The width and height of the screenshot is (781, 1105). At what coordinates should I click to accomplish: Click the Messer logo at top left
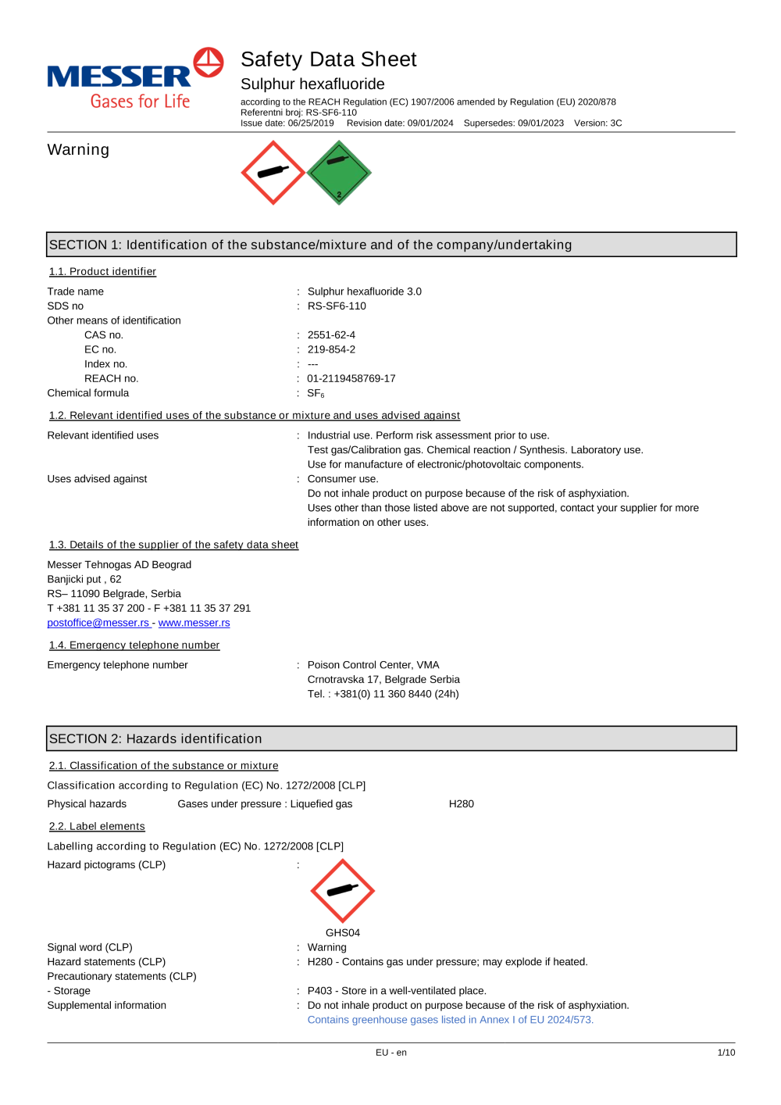(x=134, y=78)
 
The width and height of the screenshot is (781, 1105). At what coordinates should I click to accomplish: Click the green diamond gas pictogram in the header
(x=339, y=173)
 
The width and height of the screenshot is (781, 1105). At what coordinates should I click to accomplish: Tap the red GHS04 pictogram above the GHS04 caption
(x=342, y=891)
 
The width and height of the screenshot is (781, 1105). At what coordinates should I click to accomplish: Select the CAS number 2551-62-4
(x=331, y=335)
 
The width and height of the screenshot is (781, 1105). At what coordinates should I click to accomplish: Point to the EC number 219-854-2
(x=331, y=350)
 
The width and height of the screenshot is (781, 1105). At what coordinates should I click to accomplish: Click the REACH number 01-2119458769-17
(x=351, y=379)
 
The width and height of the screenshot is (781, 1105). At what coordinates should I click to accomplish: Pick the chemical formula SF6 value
(x=316, y=394)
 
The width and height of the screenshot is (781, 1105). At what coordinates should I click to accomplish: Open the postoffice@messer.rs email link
(x=98, y=623)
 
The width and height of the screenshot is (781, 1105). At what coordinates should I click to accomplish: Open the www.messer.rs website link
(x=194, y=623)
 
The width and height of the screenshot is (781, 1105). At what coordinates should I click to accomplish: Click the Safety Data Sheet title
(x=328, y=59)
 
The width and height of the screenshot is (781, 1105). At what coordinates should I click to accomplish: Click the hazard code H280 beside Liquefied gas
(x=461, y=804)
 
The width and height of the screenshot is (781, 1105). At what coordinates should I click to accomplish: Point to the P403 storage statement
(x=397, y=991)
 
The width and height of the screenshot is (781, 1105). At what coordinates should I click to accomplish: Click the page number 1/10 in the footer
(x=726, y=1053)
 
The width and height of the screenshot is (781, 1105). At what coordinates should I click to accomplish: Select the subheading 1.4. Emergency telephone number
(x=134, y=645)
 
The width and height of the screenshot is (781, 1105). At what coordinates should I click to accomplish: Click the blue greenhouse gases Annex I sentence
(x=450, y=1020)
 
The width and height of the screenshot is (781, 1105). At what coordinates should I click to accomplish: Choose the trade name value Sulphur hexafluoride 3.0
(x=364, y=291)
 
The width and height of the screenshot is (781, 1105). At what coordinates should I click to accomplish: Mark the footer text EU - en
(x=390, y=1053)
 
